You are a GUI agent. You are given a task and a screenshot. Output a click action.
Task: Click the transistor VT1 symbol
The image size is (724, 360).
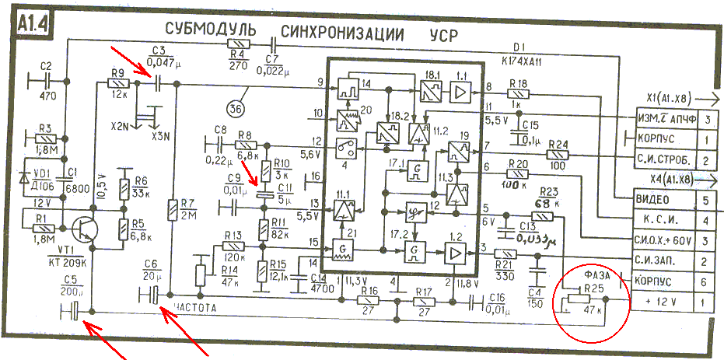pyautogui.click(x=82, y=229)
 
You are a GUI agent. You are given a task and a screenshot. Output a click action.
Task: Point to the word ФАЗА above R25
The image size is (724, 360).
pyautogui.click(x=596, y=274)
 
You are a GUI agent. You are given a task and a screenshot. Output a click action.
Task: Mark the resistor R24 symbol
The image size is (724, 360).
pyautogui.click(x=558, y=155)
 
